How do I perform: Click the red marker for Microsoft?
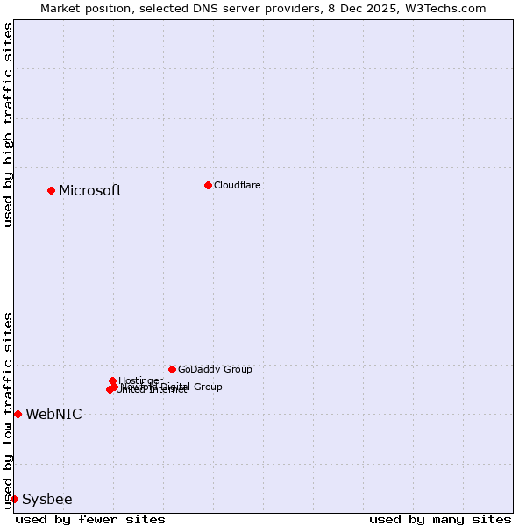pos(51,190)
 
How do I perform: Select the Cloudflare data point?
pos(208,185)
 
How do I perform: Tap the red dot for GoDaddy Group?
pos(172,369)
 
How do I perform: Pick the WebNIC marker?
pos(18,414)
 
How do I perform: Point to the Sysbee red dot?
pos(14,499)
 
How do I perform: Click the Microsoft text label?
pos(90,190)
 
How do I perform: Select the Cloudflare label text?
pos(238,185)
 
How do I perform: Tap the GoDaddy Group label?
pos(215,369)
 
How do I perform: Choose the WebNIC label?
pos(53,414)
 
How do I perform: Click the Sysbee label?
pos(47,499)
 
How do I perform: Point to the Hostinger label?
pos(140,380)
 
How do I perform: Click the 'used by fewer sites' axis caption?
pos(90,519)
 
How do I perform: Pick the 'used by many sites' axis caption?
pos(440,519)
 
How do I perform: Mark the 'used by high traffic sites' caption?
pos(8,124)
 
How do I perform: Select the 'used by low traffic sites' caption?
pos(8,409)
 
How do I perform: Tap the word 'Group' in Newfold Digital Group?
pos(207,387)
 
